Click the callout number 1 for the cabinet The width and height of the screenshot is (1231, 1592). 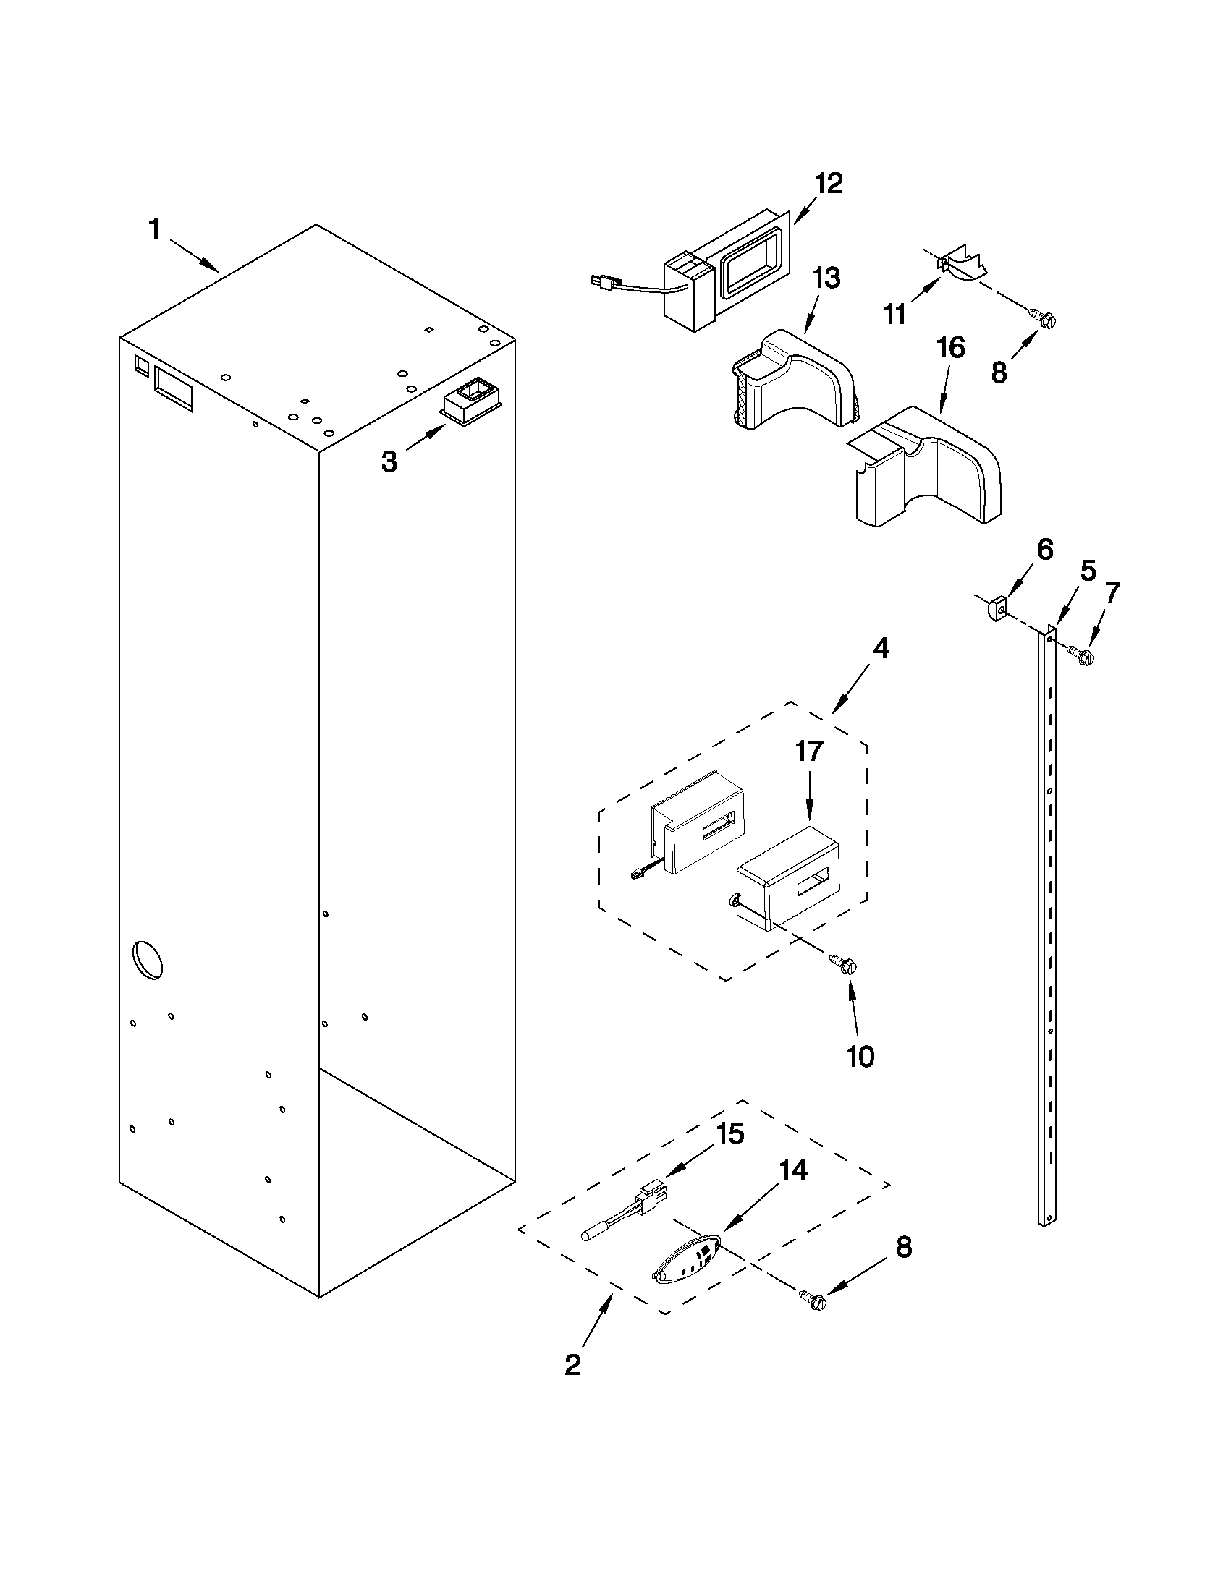tap(154, 230)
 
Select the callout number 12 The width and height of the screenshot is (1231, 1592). tap(828, 184)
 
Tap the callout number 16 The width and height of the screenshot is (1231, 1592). tap(951, 349)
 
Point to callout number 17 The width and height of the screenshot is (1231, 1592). tap(809, 752)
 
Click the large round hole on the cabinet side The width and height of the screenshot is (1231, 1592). tap(148, 960)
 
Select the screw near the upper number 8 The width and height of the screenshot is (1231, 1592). tap(1042, 318)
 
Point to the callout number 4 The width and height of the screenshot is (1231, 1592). tap(881, 649)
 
